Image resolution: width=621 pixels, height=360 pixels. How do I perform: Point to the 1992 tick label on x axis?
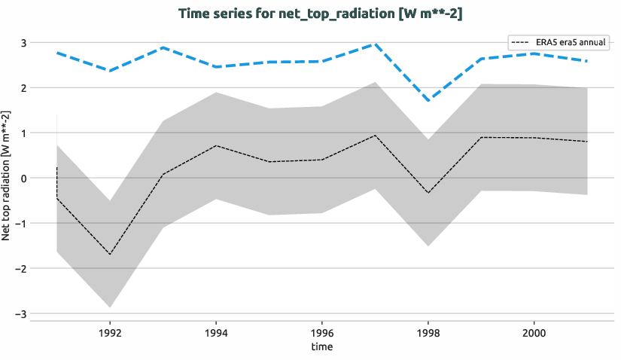[110, 332]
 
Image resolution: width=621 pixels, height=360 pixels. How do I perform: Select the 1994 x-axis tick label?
[216, 332]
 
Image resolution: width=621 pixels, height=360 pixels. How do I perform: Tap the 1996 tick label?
[322, 332]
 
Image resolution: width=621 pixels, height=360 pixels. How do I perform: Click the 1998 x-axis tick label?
[428, 332]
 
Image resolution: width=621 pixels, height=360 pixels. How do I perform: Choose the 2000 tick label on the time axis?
[534, 332]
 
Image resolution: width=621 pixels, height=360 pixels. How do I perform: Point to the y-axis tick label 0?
[24, 178]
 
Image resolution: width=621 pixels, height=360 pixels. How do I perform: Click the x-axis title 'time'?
[321, 346]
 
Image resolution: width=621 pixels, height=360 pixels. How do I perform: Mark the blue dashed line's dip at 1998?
[428, 101]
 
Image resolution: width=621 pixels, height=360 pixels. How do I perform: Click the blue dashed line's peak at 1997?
[375, 44]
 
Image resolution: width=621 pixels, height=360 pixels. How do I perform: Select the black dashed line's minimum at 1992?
[110, 255]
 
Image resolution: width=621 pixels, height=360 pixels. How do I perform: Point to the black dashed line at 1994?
[216, 145]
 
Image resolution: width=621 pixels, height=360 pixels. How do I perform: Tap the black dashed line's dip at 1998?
[428, 193]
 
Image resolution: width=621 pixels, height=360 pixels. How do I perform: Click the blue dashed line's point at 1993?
[163, 47]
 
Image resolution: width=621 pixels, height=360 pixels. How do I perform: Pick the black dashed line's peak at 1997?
[375, 136]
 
